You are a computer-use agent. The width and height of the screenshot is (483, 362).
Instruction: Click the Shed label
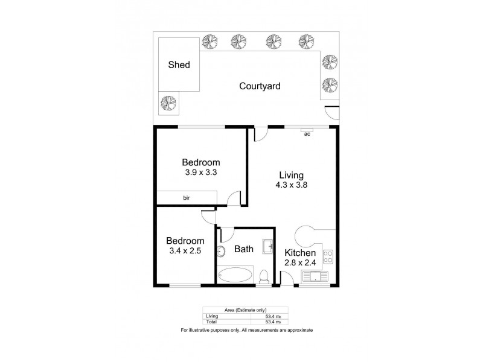click(179, 65)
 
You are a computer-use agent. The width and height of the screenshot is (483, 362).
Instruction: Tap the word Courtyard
click(260, 86)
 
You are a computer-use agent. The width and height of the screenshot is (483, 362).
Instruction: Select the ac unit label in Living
click(307, 134)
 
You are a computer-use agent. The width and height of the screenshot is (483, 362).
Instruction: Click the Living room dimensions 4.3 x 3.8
click(291, 186)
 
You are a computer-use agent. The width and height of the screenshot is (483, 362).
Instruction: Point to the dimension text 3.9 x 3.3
click(201, 173)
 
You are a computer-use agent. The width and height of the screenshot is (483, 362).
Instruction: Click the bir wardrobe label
click(187, 197)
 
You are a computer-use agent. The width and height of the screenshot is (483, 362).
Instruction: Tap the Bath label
click(245, 248)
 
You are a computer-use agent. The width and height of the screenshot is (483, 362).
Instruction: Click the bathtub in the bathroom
click(235, 276)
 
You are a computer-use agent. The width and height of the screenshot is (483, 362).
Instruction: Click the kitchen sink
click(316, 278)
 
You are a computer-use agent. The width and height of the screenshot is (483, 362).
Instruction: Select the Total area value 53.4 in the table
click(273, 321)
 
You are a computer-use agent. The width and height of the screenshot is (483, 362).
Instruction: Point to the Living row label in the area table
click(211, 316)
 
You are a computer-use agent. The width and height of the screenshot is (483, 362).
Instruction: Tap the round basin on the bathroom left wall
click(221, 251)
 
